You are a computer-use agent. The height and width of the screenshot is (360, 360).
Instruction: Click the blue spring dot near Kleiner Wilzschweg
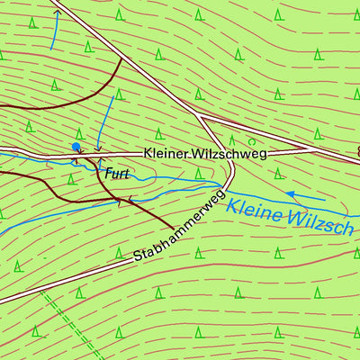tap(76, 146)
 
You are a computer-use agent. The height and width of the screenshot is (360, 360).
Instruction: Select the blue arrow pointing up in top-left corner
tap(53, 27)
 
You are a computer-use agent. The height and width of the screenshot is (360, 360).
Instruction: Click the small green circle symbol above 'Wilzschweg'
tap(252, 141)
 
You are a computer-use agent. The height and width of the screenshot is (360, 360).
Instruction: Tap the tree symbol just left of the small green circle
tap(232, 139)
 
